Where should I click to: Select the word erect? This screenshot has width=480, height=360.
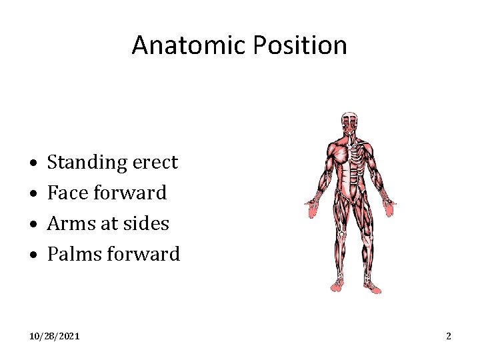coord(155,163)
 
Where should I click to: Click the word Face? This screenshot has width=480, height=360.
coord(67,193)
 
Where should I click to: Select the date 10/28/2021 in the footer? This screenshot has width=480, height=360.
coord(54,337)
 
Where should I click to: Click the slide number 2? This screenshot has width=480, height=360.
coord(449,337)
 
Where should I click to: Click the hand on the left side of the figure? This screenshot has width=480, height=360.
coord(312,209)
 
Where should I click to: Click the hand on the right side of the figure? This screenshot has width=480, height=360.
coord(389,209)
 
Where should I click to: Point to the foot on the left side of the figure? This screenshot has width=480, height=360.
coord(337,286)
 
